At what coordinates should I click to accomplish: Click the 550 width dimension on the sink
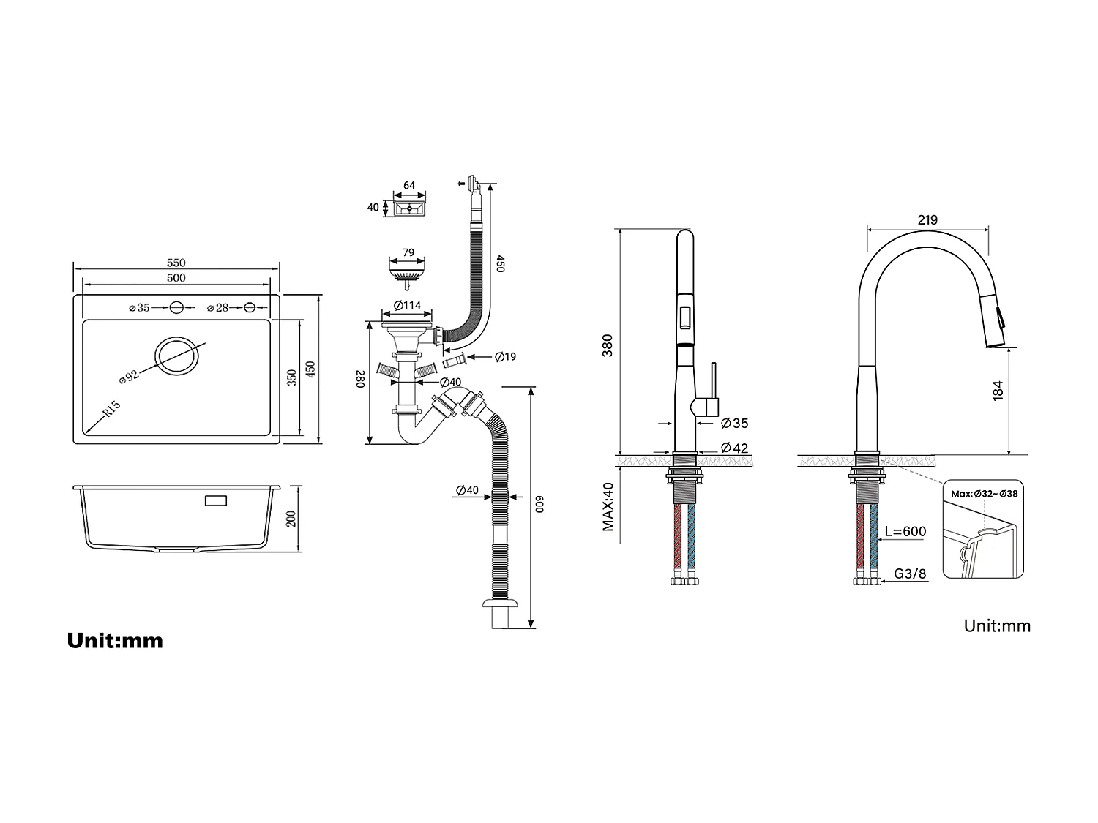click(176, 263)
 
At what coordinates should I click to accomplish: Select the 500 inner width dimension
click(176, 278)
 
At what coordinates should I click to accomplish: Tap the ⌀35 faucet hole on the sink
click(176, 308)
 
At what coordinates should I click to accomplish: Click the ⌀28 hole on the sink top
click(250, 308)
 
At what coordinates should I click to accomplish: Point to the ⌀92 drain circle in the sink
click(176, 357)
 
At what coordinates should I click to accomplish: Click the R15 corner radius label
click(111, 409)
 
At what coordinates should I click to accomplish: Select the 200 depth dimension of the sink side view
click(291, 519)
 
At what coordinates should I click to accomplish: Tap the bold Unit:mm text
click(115, 641)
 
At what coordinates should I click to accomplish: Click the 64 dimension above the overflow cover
click(409, 185)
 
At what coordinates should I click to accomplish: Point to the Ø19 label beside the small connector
click(505, 357)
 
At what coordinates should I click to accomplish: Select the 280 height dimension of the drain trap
click(359, 380)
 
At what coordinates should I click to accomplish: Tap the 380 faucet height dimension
click(608, 345)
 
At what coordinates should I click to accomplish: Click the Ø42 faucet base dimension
click(734, 448)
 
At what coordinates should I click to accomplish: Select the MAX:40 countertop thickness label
click(608, 506)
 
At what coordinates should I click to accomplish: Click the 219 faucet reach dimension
click(927, 219)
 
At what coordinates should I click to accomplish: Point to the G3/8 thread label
click(910, 574)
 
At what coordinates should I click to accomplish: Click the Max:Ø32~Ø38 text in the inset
click(984, 493)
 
